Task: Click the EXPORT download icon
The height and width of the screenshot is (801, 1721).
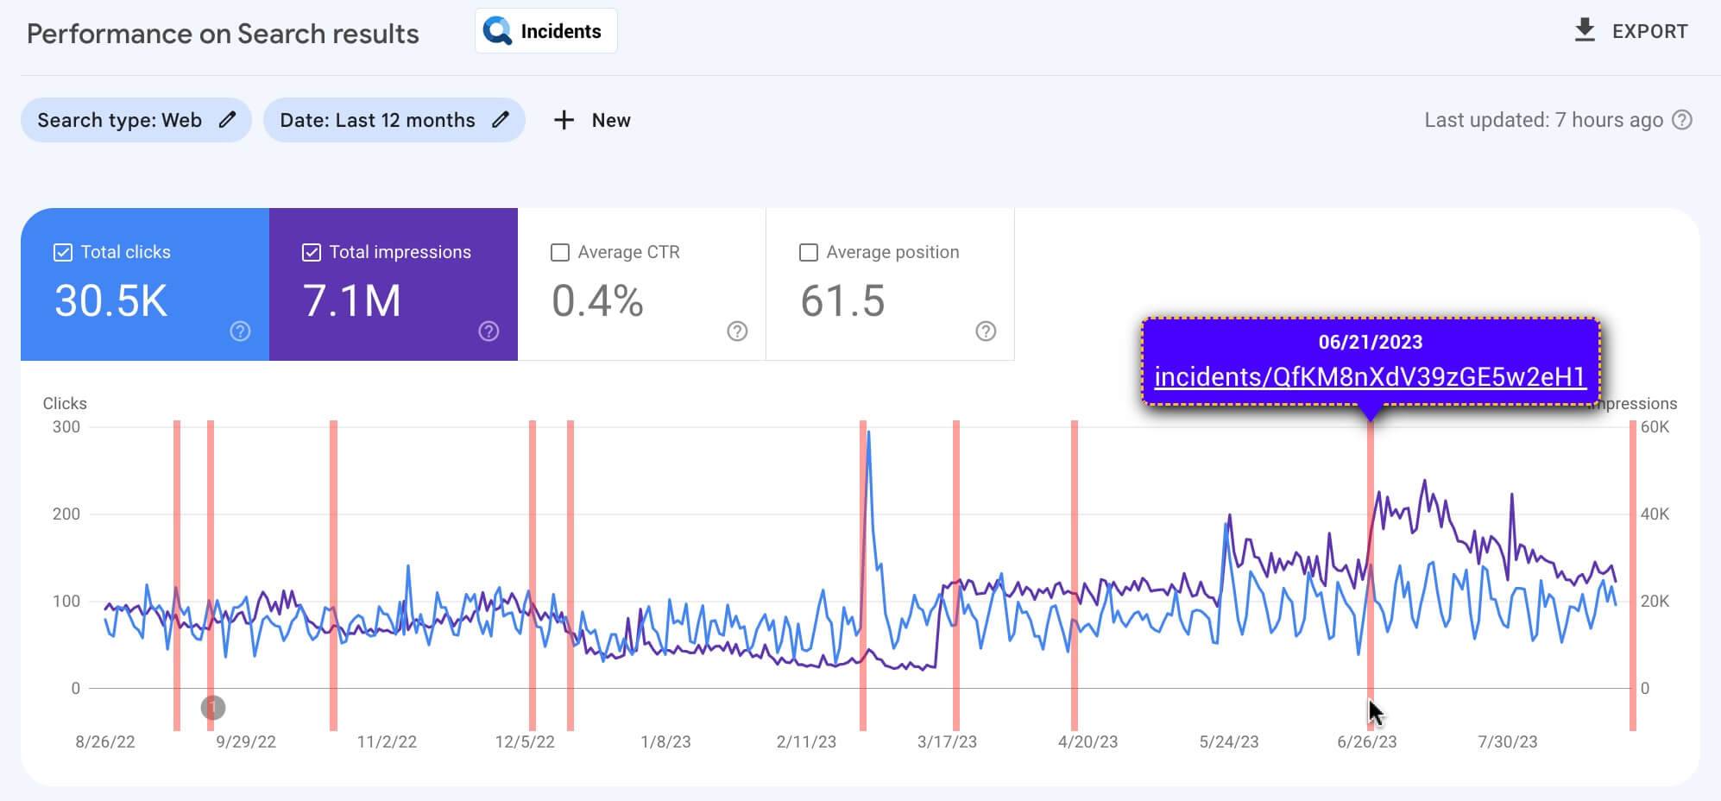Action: click(x=1585, y=30)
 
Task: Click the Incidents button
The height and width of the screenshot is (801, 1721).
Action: click(x=545, y=31)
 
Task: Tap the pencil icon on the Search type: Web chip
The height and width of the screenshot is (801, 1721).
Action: click(x=227, y=120)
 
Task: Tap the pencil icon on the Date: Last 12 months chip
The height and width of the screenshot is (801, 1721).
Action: click(x=501, y=120)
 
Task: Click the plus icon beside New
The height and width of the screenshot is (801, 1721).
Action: click(x=564, y=120)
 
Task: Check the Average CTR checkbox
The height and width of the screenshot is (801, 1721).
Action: click(x=560, y=252)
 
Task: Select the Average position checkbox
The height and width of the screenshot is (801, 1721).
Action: click(x=809, y=252)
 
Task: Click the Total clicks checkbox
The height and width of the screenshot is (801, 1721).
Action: click(x=63, y=252)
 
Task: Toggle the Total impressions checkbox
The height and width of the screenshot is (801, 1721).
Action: click(x=312, y=252)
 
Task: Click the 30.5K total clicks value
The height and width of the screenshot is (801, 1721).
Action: click(x=110, y=301)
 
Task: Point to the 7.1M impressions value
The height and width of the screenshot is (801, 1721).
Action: click(x=352, y=301)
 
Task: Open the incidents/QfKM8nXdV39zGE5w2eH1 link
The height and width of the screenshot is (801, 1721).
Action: click(x=1370, y=377)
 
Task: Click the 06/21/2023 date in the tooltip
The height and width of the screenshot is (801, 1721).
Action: click(x=1370, y=342)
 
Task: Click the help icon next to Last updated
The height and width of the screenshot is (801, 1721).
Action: click(x=1682, y=120)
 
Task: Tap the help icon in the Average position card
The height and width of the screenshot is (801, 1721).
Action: click(x=986, y=331)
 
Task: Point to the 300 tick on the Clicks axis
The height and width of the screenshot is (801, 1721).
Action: click(x=66, y=426)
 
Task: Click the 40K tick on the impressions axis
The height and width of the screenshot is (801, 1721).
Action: click(x=1655, y=514)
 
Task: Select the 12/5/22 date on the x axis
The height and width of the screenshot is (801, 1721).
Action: click(x=525, y=741)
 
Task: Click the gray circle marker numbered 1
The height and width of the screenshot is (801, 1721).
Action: click(x=213, y=708)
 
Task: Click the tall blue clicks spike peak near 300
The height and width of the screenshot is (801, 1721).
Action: click(x=868, y=432)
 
